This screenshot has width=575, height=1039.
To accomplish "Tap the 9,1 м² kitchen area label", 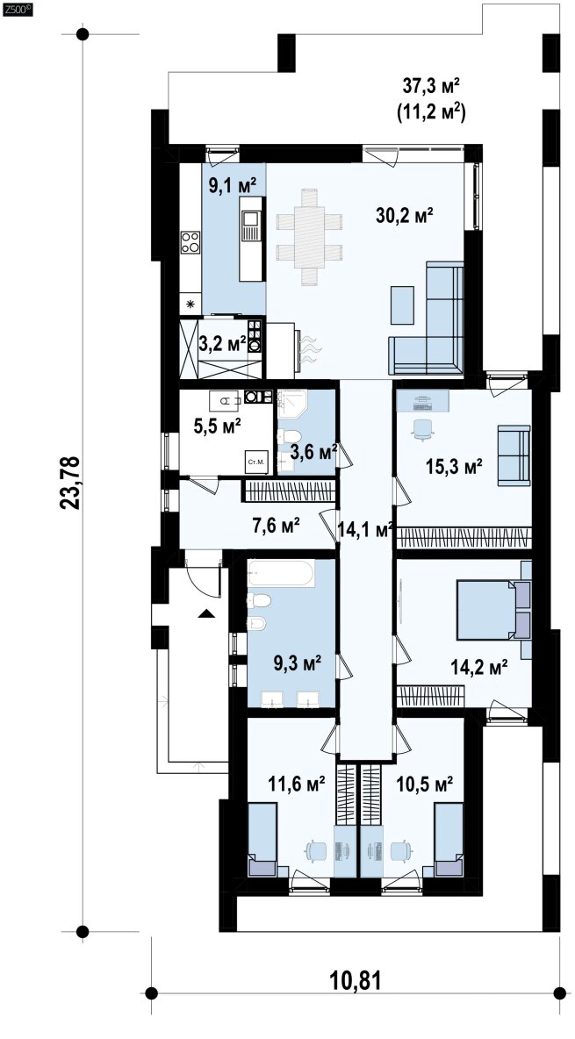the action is pos(233,184).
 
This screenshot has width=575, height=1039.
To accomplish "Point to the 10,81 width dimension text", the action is pos(356,979).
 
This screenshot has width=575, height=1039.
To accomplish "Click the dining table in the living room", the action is pos(309,237).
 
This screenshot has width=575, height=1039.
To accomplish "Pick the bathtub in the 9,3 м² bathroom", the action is pos(281,574).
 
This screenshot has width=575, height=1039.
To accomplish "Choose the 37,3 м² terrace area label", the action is pos(432,86).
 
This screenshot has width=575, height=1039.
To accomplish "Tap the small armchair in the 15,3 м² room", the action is pos(514,456).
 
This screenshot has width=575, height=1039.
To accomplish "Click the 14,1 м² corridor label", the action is pos(365,529).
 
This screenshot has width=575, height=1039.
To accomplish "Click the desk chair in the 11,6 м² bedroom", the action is pos(315,850).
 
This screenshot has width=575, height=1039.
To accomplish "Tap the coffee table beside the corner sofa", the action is pos(402,305).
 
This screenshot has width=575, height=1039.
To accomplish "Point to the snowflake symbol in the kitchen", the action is pos(191,305).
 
